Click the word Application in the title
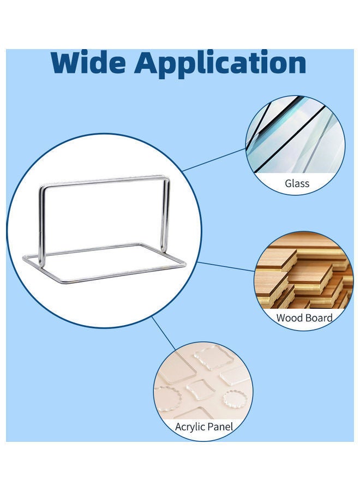point(220,64)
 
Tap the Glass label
point(297,183)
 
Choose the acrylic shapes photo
point(203,382)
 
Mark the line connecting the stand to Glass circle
point(215,159)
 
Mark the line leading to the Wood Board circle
point(226,266)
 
